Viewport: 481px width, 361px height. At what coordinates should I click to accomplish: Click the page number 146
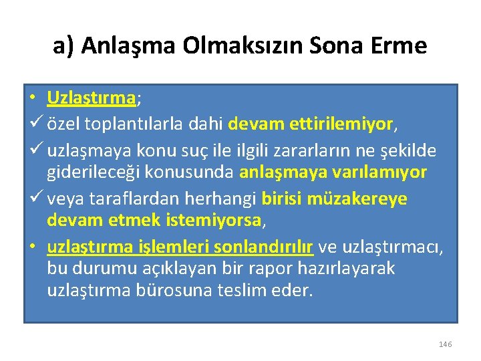446,344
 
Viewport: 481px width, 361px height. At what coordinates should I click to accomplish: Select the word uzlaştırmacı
391,246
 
